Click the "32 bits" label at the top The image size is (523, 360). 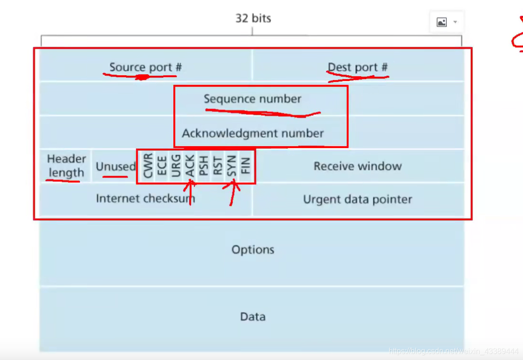click(x=253, y=19)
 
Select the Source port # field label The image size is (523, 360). click(x=145, y=67)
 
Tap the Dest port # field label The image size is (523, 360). click(x=357, y=67)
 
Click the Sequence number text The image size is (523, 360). click(x=252, y=99)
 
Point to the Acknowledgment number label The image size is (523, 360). click(x=252, y=133)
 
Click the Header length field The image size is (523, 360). click(x=66, y=166)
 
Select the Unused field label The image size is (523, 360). click(x=115, y=167)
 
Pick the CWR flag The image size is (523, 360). click(x=148, y=166)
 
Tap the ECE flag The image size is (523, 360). click(x=162, y=166)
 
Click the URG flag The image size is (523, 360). click(x=176, y=166)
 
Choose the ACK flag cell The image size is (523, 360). click(x=190, y=166)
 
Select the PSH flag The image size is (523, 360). click(x=204, y=166)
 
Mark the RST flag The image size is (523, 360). click(x=218, y=166)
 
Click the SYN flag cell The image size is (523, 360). click(x=232, y=166)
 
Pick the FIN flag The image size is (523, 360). click(x=246, y=166)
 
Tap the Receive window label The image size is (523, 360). click(x=357, y=166)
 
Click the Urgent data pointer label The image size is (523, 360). click(x=357, y=200)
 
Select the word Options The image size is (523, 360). click(x=253, y=250)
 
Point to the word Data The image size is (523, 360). click(x=253, y=317)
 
